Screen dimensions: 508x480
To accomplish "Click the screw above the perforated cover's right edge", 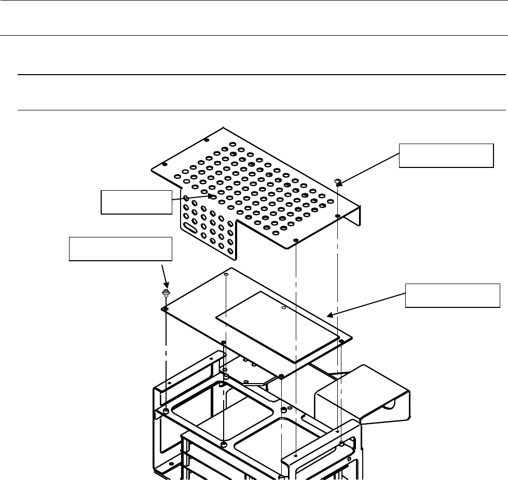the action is click(338, 181).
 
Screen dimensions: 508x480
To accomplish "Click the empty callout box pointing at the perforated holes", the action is click(136, 202).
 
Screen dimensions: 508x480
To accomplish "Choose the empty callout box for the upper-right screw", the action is click(446, 154).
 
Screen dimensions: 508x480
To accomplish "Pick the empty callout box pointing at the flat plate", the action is click(452, 295).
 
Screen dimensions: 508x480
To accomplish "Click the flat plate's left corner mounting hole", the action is click(164, 309).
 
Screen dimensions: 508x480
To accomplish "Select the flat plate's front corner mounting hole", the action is click(281, 376).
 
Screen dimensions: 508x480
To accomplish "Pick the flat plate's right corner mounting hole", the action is click(340, 341).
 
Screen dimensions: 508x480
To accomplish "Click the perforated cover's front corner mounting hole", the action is click(295, 241).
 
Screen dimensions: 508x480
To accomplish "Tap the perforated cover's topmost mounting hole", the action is click(207, 139).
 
